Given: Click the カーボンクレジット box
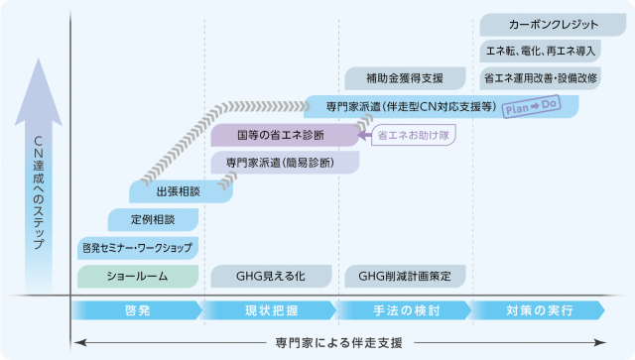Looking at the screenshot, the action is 553,25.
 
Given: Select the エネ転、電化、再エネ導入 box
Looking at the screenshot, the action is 540,51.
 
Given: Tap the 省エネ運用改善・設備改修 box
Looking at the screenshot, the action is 540,78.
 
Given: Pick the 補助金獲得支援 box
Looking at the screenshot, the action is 405,78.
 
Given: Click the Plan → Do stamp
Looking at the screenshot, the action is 532,106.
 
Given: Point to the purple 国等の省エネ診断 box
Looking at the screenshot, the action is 285,135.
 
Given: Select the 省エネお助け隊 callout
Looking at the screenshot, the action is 414,135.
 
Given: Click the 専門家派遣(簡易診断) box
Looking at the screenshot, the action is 285,163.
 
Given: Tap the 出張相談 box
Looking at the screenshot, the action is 181,191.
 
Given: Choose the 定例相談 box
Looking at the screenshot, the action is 153,220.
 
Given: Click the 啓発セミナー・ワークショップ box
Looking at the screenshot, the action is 138,248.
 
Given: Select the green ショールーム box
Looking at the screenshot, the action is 138,276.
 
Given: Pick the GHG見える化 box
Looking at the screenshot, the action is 271,276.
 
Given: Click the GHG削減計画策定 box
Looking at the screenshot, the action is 405,276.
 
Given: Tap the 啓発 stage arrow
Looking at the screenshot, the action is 137,310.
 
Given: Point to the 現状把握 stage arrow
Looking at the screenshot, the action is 271,310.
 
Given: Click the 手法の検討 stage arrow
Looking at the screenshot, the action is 406,310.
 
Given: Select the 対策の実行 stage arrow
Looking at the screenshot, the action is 540,310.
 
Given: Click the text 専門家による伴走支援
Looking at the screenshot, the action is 339,343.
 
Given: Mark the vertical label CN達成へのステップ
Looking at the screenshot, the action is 39,192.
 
